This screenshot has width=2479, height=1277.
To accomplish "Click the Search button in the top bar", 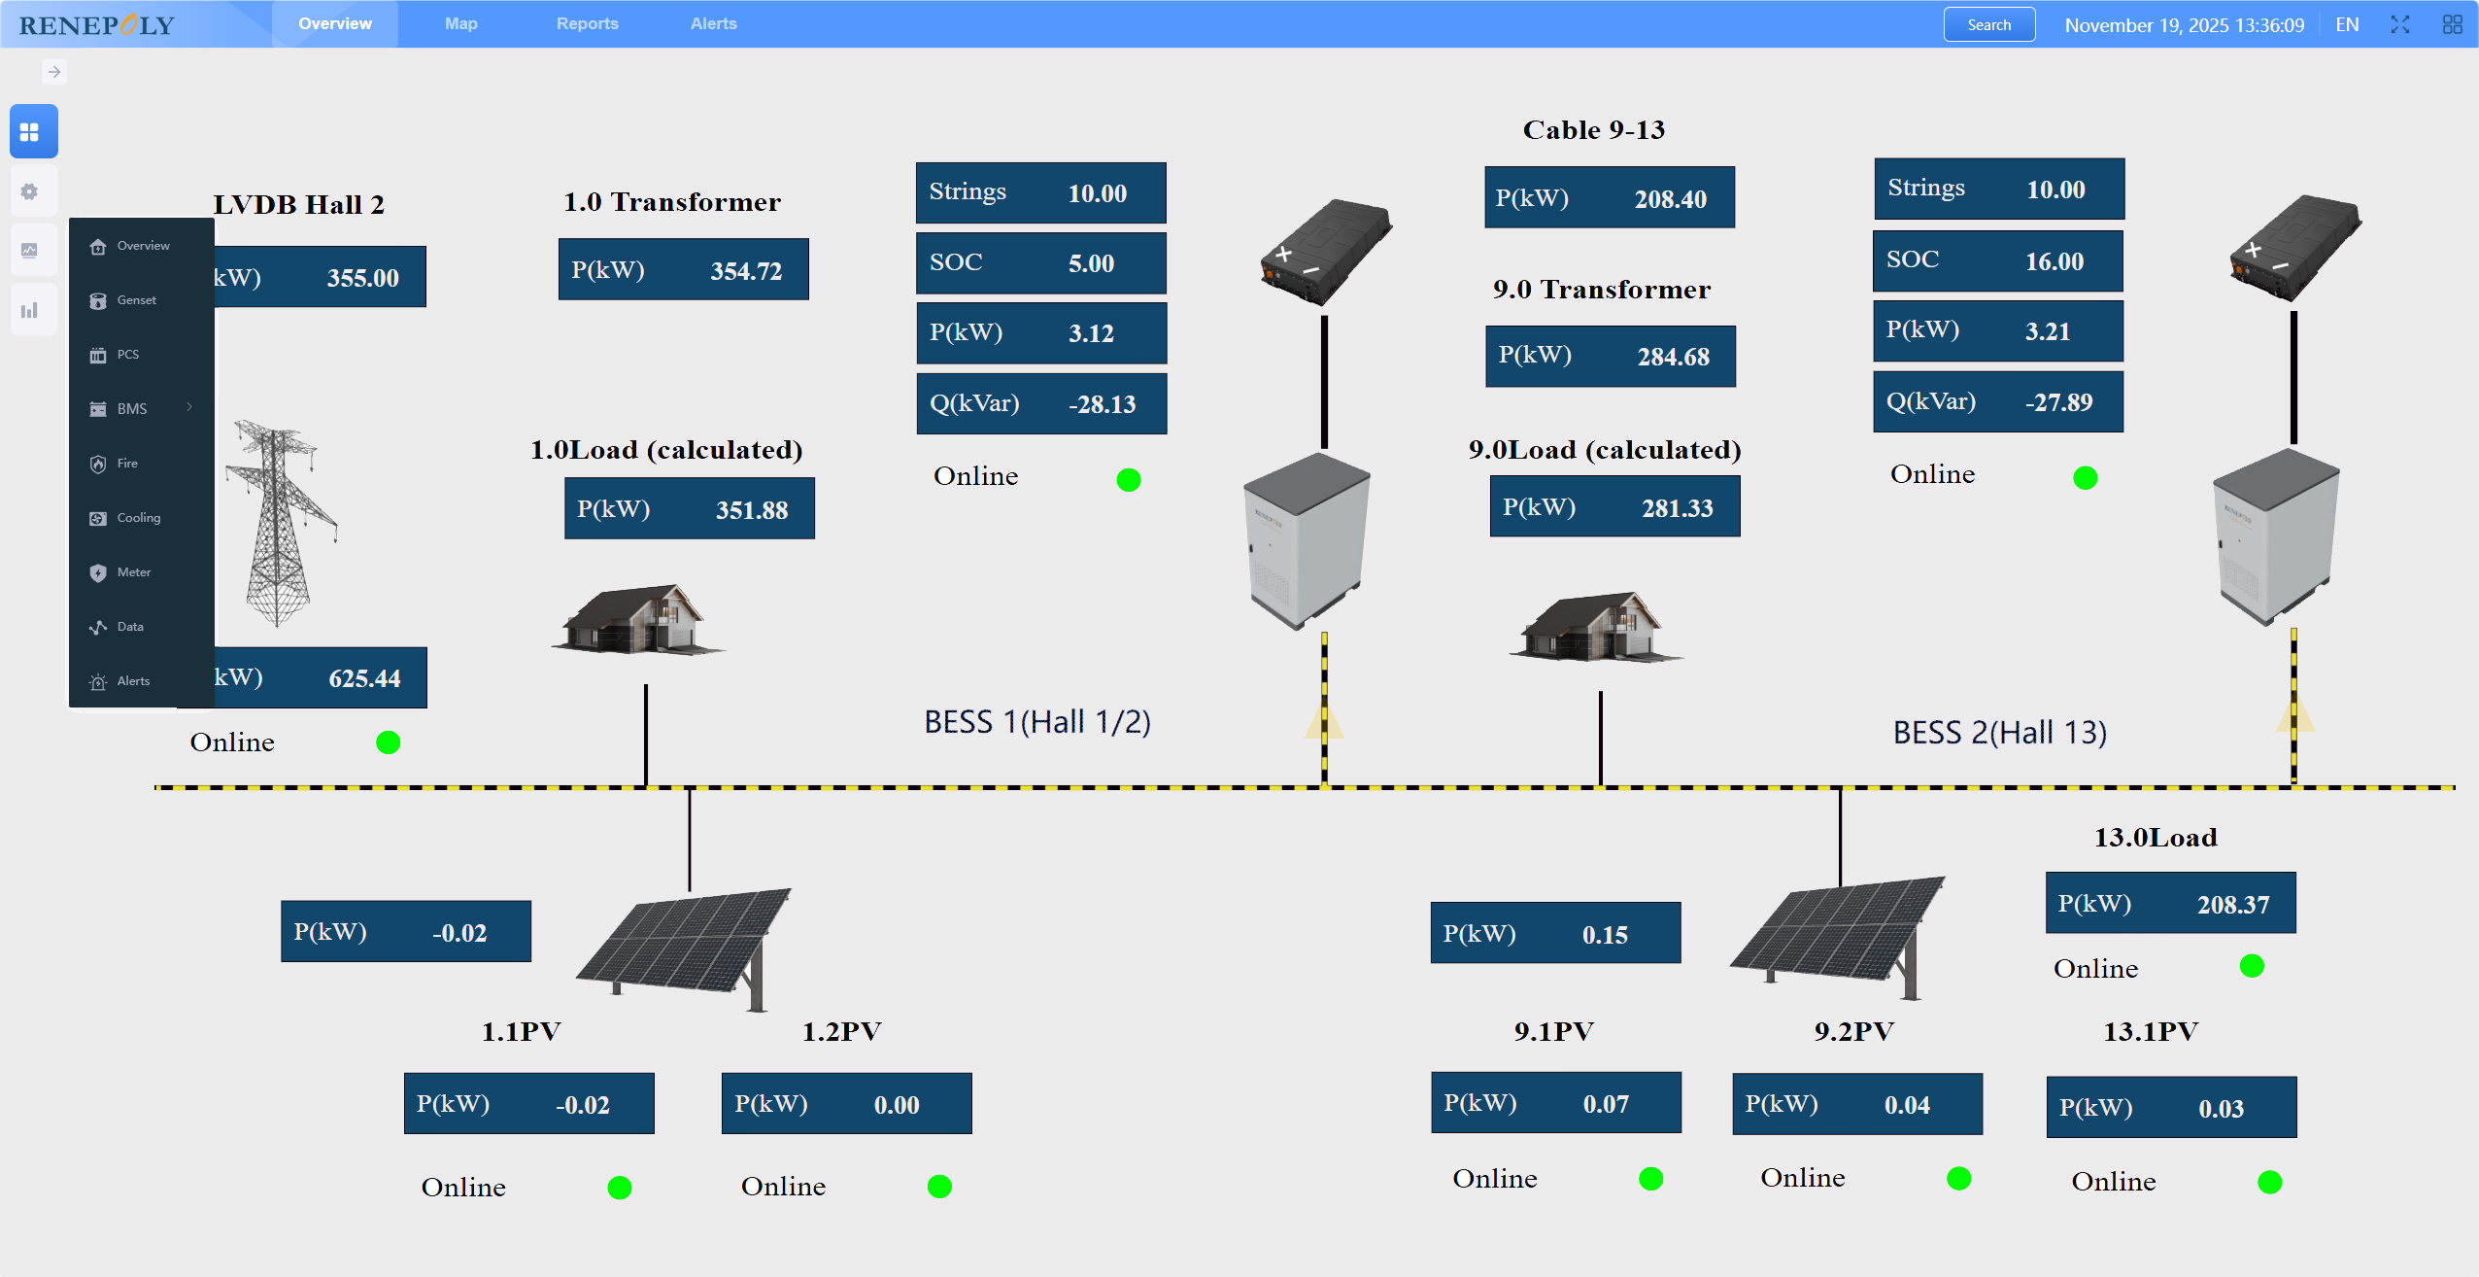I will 1988,25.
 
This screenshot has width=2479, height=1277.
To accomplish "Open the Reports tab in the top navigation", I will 587,23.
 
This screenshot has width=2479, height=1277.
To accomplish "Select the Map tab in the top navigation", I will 460,23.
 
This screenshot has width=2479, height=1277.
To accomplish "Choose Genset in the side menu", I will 136,300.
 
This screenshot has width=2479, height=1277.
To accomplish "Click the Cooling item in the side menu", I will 138,518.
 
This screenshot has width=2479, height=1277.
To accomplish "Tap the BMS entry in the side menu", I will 132,409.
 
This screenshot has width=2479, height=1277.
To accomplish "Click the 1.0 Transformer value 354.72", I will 745,271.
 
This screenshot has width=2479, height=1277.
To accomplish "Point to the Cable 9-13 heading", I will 1593,130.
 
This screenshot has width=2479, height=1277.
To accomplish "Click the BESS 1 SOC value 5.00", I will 1091,263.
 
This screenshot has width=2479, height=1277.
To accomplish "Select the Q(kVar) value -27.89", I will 2058,402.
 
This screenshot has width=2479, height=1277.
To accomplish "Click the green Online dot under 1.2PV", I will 939,1187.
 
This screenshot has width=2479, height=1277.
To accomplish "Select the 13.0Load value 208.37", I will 2232,905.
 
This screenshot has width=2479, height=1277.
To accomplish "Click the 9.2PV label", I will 1853,1031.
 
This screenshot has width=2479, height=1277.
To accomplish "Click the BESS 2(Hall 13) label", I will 1999,732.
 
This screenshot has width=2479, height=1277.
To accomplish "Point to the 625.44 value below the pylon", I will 364,678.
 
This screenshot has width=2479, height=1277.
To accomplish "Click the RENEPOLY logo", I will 97,25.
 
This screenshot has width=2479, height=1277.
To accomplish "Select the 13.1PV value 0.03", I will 2221,1109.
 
